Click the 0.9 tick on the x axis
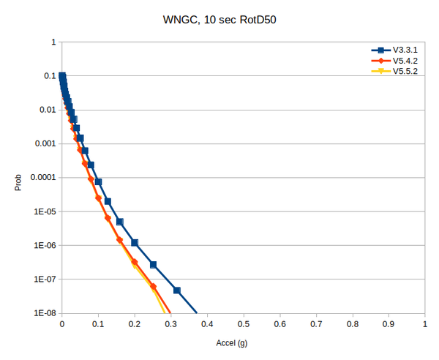pyautogui.click(x=389, y=323)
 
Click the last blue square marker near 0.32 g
pyautogui.click(x=177, y=290)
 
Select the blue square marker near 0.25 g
pyautogui.click(x=153, y=265)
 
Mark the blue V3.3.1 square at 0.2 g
pyautogui.click(x=135, y=243)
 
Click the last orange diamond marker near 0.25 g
pyautogui.click(x=153, y=287)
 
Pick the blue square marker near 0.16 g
pyautogui.click(x=120, y=222)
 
